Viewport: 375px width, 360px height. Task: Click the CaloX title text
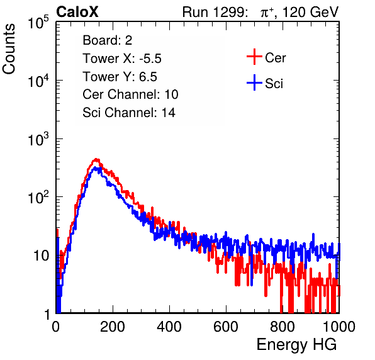(77, 12)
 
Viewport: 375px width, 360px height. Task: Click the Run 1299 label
(215, 12)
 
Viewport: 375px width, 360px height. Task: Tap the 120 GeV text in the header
(311, 12)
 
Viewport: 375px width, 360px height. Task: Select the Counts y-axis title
(9, 48)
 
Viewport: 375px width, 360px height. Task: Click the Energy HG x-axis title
(296, 345)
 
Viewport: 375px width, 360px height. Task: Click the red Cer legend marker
(254, 57)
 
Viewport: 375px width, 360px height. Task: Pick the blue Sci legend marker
(254, 83)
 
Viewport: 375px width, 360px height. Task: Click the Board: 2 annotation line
(108, 40)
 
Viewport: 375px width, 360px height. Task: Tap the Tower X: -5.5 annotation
(122, 59)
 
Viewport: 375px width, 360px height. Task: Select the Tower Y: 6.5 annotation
(120, 77)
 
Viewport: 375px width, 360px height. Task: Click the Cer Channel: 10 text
(130, 94)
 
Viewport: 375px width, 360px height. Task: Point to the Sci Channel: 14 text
(129, 113)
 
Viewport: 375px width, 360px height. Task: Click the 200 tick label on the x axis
(113, 326)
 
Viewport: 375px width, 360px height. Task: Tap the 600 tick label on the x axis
(226, 326)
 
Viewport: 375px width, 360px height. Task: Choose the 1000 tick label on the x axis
(339, 326)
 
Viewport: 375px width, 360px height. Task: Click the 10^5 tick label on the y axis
(38, 23)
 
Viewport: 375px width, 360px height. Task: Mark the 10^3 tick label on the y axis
(38, 139)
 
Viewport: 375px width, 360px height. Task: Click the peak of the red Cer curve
(96, 159)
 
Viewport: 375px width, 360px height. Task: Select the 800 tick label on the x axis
(283, 326)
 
